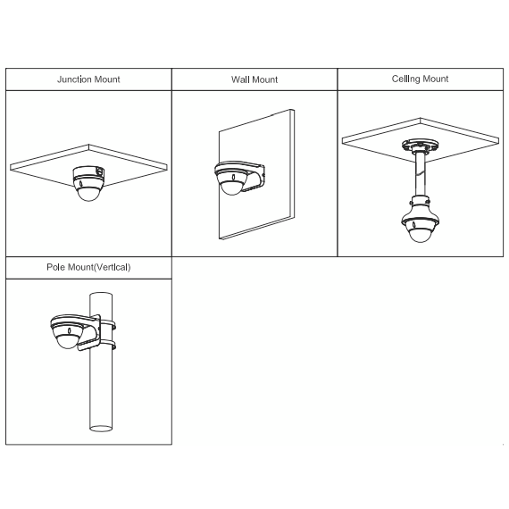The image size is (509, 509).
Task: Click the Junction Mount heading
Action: coord(88,79)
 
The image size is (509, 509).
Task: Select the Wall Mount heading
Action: coord(254,79)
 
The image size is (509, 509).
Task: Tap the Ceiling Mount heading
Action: coord(420,79)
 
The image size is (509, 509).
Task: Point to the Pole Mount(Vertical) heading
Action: coord(88,267)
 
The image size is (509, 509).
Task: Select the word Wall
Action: coord(241,79)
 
